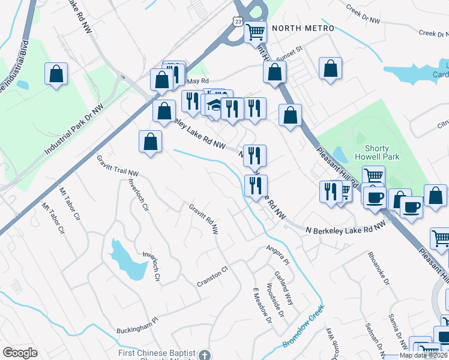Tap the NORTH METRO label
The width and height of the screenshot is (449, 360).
click(x=303, y=28)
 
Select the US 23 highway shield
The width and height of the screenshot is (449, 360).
click(x=239, y=22)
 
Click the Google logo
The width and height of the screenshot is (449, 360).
click(x=20, y=353)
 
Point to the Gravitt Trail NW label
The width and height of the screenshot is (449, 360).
click(x=118, y=166)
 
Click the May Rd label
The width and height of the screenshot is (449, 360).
click(x=197, y=81)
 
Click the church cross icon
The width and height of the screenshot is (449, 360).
click(x=205, y=355)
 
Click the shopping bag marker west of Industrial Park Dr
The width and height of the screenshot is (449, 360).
click(x=56, y=74)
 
